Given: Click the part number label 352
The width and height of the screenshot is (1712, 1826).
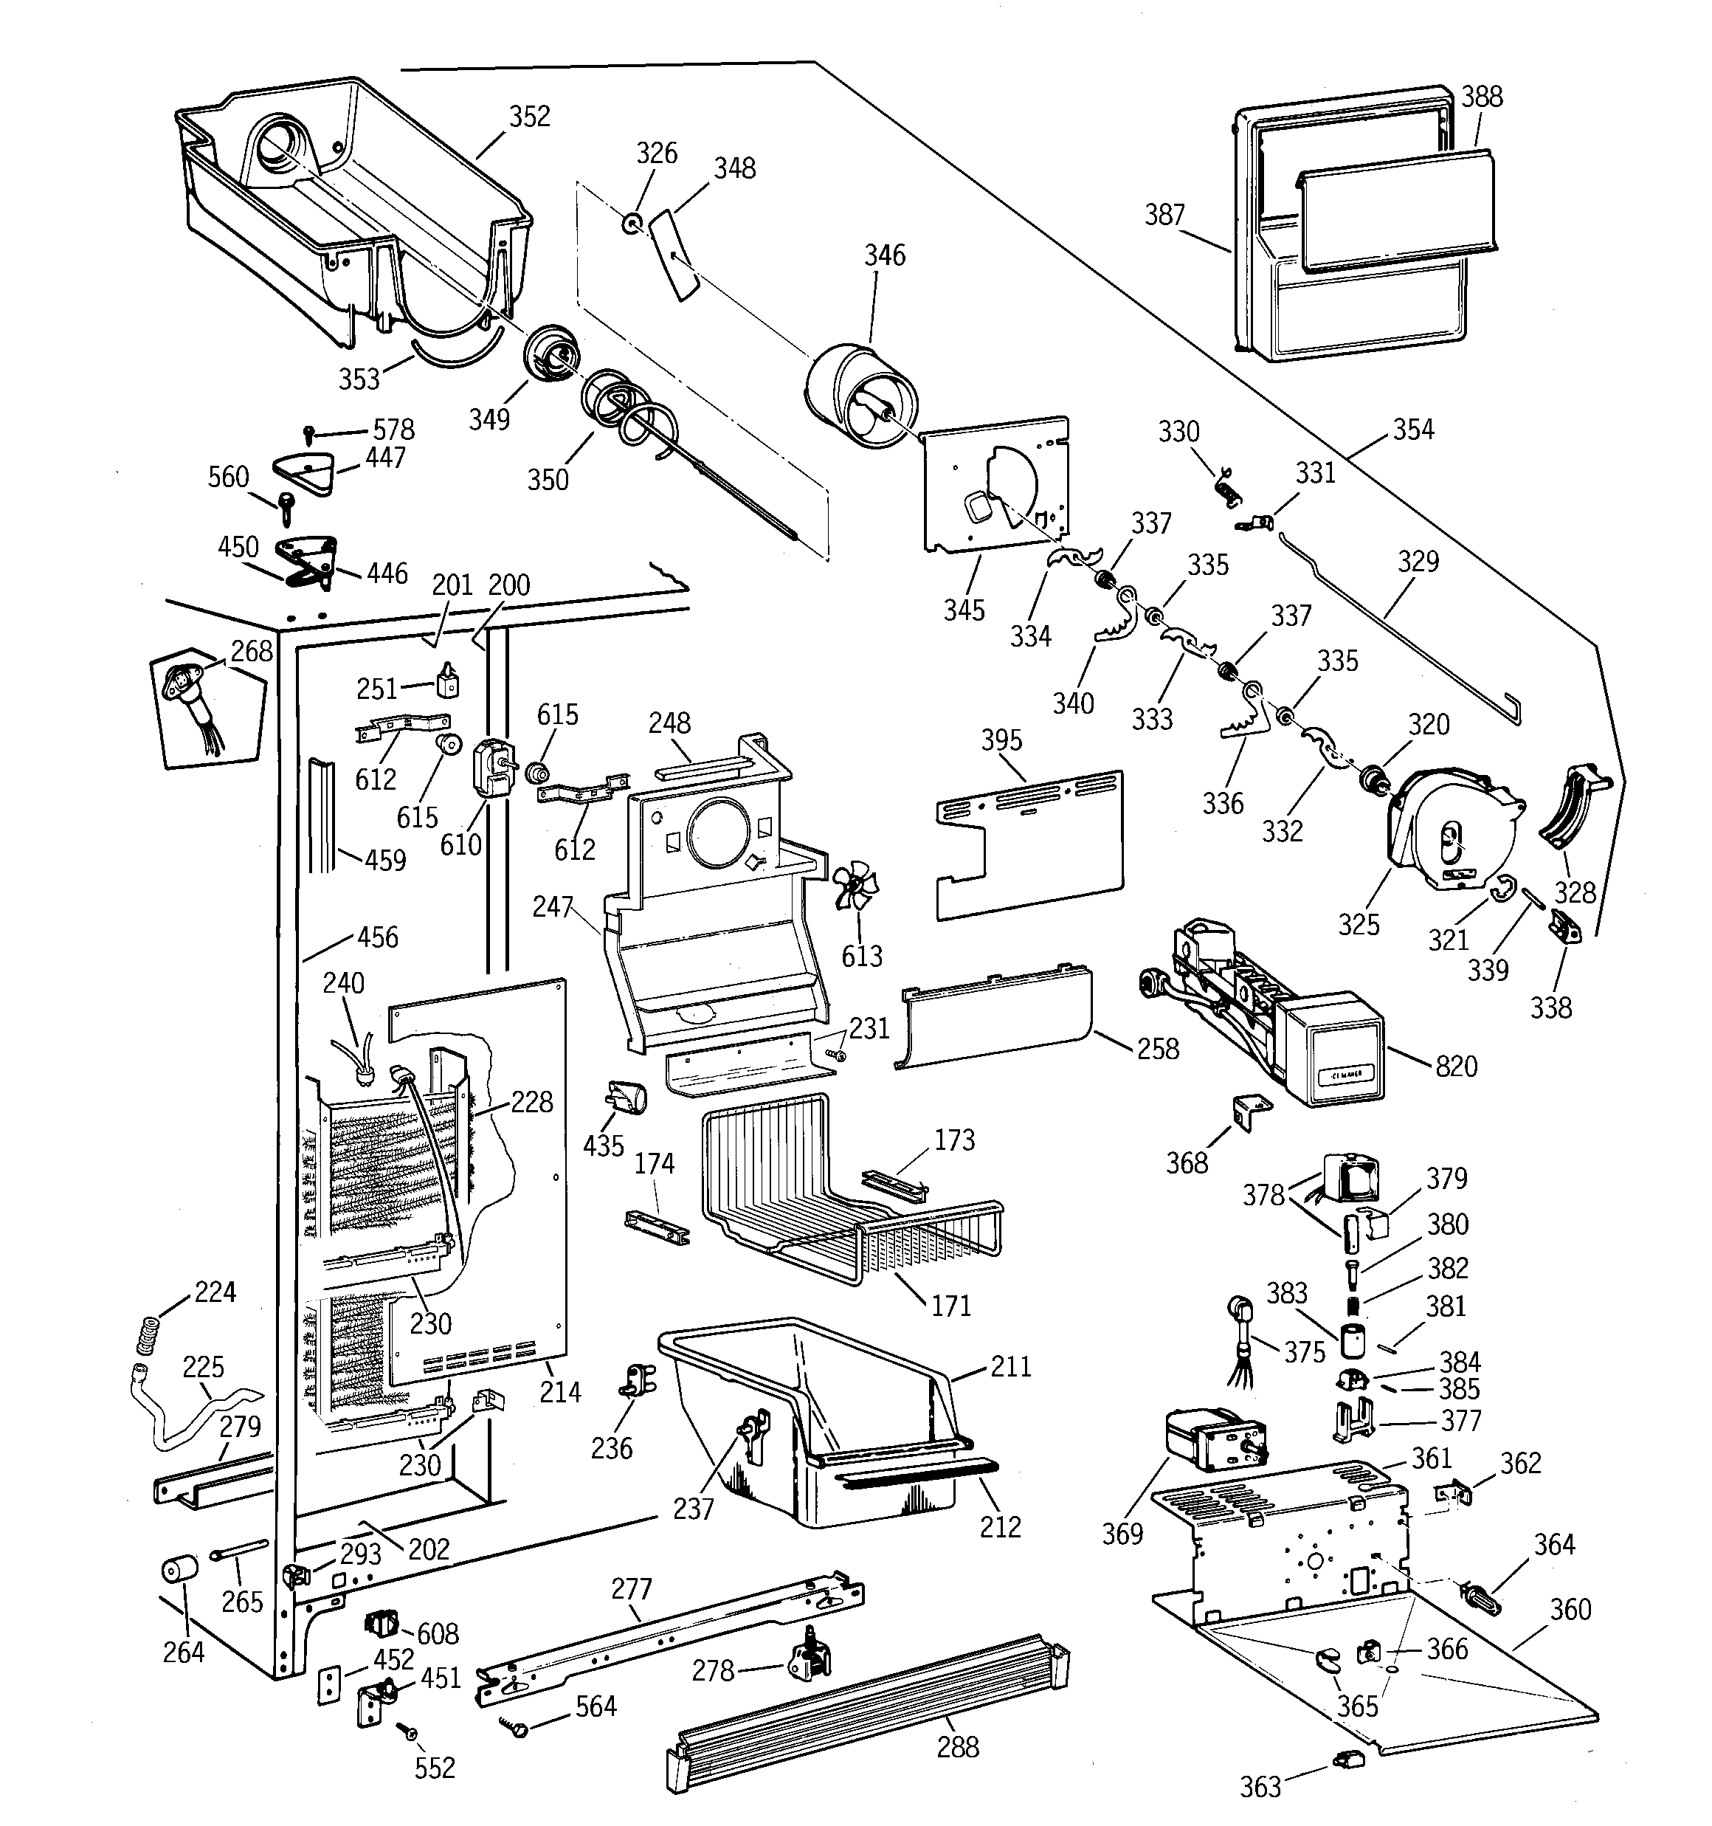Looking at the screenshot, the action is [x=530, y=117].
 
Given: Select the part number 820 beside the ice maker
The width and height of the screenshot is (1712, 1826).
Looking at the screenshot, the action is [x=1456, y=1067].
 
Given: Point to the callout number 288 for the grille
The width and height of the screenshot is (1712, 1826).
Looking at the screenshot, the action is [x=957, y=1746].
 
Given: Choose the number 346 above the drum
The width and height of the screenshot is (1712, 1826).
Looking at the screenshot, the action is [x=885, y=255].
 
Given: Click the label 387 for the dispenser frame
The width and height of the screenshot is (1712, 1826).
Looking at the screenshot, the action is [x=1164, y=215].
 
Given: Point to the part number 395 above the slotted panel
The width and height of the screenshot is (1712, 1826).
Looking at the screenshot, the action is [x=1001, y=740].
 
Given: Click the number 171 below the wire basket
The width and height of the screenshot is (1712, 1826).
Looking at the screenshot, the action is [x=950, y=1305].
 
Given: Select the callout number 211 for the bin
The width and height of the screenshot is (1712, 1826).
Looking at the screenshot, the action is [x=1011, y=1366].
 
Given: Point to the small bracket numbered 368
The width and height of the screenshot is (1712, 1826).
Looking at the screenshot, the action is [x=1250, y=1112].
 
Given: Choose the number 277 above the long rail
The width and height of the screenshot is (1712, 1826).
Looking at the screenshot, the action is [x=631, y=1588].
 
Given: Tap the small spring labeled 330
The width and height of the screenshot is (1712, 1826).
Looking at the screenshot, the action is [x=1225, y=485].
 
